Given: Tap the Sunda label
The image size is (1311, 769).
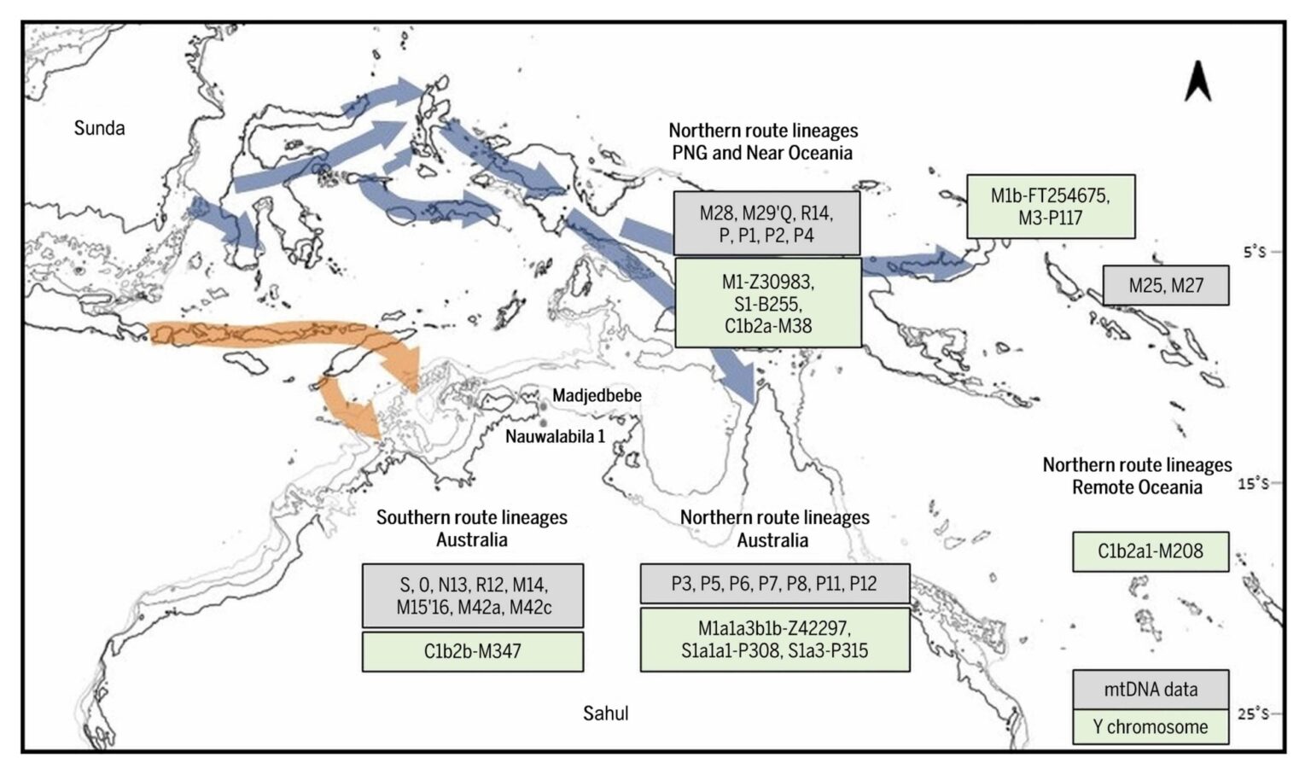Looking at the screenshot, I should [x=99, y=128].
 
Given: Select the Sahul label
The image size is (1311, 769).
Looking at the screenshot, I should [x=605, y=713].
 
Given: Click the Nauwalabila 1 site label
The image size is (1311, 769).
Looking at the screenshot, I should [x=555, y=436].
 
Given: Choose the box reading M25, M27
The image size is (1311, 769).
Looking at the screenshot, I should [x=1165, y=285].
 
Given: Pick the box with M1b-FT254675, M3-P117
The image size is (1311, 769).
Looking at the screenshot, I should [x=1050, y=207].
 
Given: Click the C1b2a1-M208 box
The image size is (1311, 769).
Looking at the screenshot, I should [x=1150, y=551].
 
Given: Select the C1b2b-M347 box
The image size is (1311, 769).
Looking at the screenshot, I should [x=472, y=651].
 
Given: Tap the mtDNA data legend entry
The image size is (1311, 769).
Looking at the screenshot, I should [x=1150, y=689].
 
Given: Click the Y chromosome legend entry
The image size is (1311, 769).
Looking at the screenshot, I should [x=1150, y=727].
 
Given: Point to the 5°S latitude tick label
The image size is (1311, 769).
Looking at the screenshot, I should [x=1254, y=252].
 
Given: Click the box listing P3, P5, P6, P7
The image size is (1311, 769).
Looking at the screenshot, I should [x=774, y=584].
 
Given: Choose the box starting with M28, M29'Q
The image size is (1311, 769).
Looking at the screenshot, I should [x=766, y=224].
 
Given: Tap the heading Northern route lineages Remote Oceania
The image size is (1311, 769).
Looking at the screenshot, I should [x=1137, y=475].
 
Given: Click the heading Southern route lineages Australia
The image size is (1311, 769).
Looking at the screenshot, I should [x=472, y=528].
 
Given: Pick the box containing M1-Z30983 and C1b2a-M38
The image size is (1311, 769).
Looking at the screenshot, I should [x=767, y=303].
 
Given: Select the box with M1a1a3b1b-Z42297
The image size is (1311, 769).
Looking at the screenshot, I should [x=774, y=639].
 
